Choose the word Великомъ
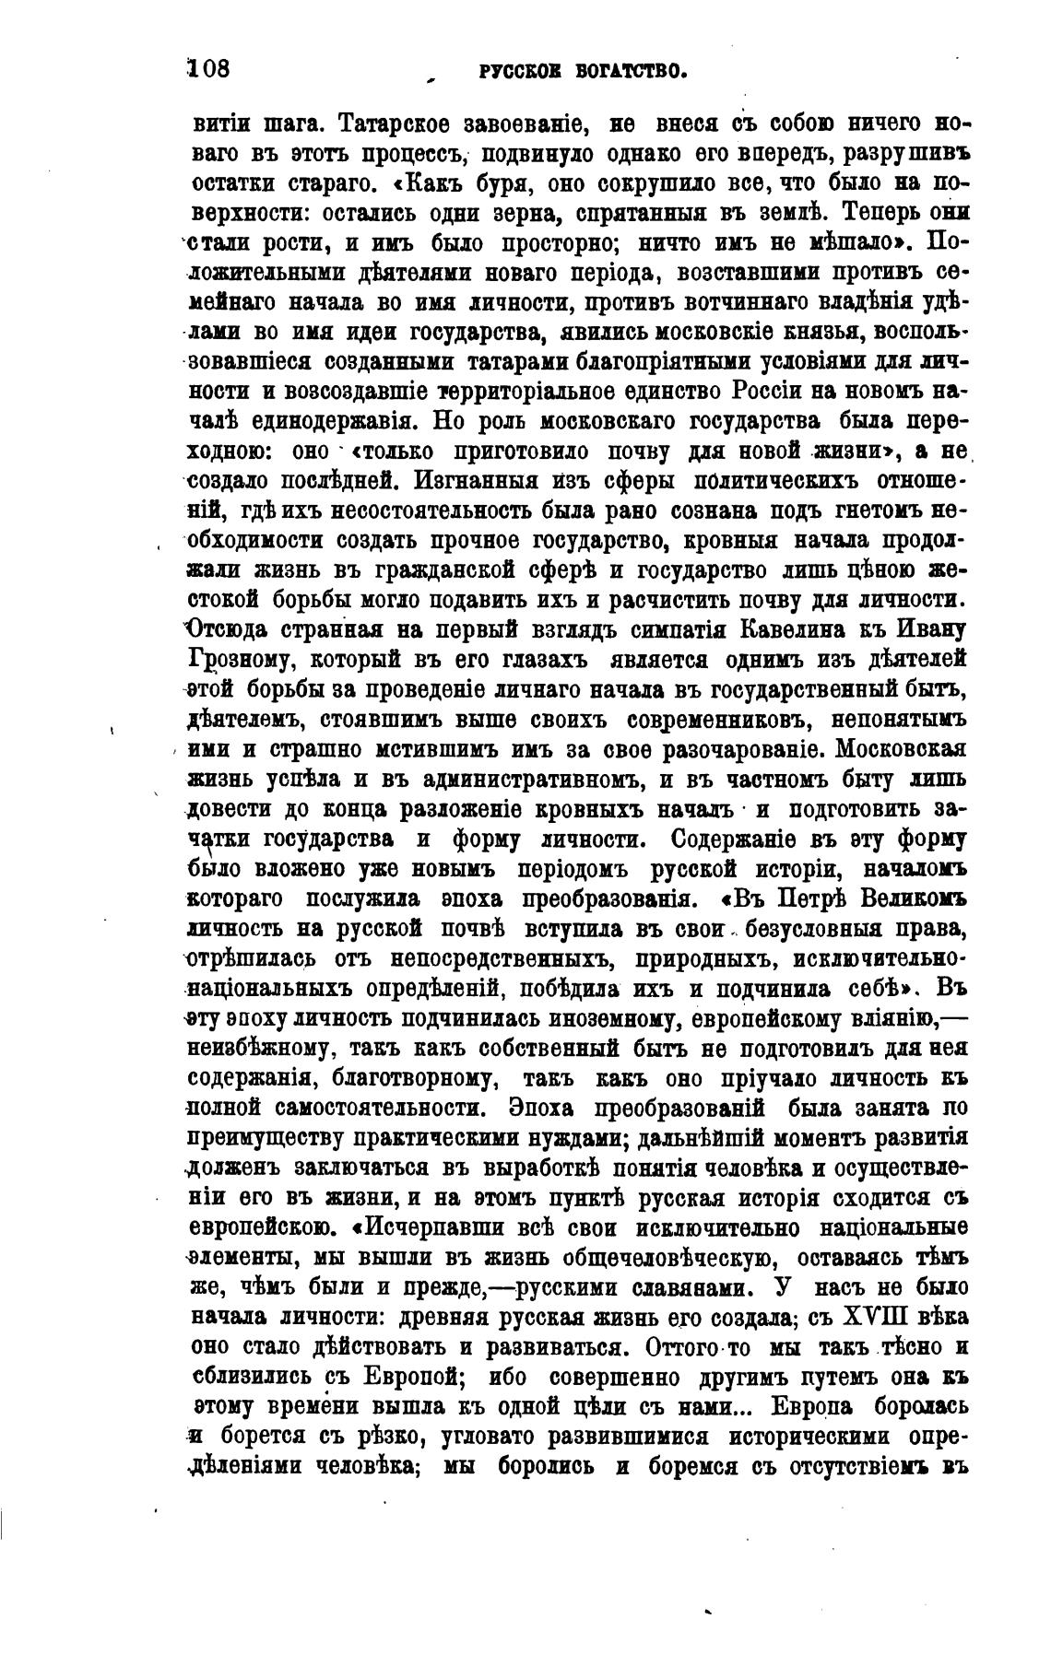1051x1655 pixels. [x=909, y=898]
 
